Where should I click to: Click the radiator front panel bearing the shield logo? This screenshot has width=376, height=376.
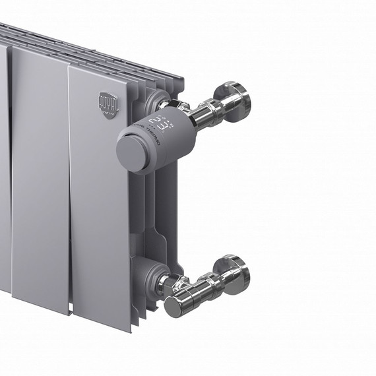click(x=102, y=198)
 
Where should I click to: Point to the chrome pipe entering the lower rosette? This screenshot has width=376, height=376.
click(x=218, y=277)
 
